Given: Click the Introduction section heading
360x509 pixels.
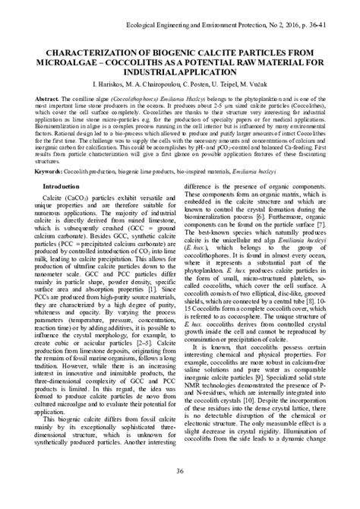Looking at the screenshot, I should [65, 185].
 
